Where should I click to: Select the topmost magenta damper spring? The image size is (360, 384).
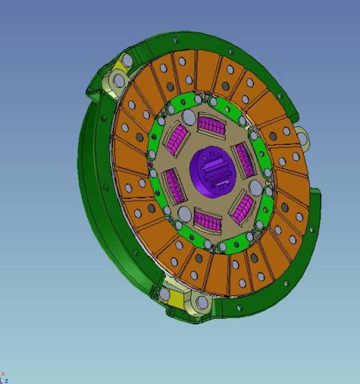[x=211, y=125]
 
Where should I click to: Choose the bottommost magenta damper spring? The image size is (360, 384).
[x=208, y=221]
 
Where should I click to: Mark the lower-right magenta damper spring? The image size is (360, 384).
[x=244, y=207]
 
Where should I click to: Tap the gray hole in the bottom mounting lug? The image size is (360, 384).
[x=200, y=303]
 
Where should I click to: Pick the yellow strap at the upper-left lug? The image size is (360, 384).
[x=122, y=64]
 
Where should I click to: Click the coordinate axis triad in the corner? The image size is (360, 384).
[x=3, y=378]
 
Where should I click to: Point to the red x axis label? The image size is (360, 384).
[x=3, y=374]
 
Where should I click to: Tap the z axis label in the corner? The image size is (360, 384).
[x=6, y=381]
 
